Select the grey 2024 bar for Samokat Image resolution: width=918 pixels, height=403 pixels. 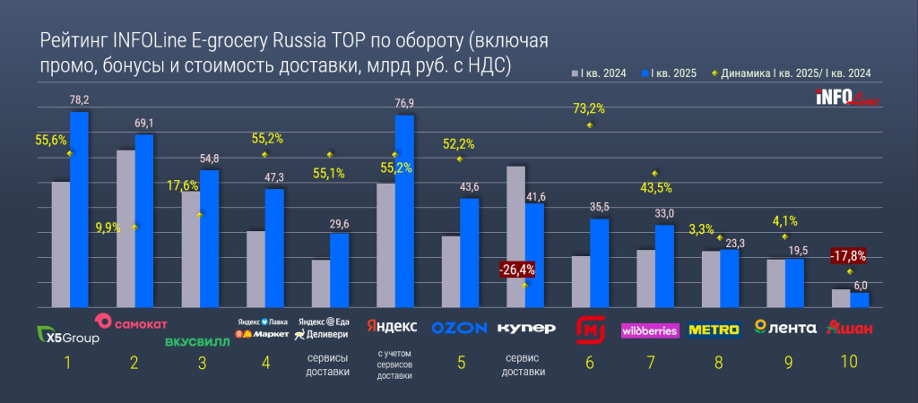pos(126,227)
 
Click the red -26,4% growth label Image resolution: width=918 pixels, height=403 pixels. pos(517,268)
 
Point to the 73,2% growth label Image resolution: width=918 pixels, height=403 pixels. pos(588,109)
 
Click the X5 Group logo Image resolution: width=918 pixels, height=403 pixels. pos(68,336)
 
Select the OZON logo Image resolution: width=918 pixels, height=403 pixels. pos(459,328)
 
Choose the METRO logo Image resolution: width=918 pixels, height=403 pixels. pos(714,330)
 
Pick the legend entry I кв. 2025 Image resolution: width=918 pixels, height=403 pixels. pos(672,73)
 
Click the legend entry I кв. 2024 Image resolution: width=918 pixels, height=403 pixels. pos(597,73)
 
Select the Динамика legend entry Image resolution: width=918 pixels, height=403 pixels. pos(789,73)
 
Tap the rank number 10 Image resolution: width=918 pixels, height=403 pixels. pos(848,363)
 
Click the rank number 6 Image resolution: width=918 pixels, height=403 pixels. pos(590,363)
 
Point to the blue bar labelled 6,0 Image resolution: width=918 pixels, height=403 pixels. pos(860,298)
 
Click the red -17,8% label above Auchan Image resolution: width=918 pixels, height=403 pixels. pos(847,256)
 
